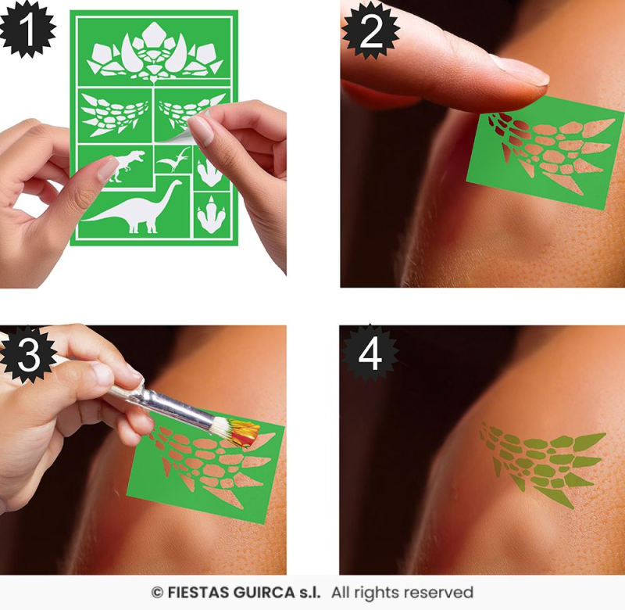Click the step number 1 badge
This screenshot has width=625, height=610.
click(27, 29)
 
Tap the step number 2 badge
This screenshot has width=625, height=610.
click(370, 30)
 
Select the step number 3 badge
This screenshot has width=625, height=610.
click(28, 355)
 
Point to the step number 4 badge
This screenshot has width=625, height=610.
click(370, 353)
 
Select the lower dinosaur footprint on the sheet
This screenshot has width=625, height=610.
click(210, 214)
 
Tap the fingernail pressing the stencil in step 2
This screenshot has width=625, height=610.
click(521, 70)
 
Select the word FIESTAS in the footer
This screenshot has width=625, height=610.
click(198, 593)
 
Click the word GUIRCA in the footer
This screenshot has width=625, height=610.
click(264, 593)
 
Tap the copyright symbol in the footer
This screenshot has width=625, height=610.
click(158, 593)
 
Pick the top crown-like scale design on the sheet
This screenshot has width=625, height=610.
click(155, 50)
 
